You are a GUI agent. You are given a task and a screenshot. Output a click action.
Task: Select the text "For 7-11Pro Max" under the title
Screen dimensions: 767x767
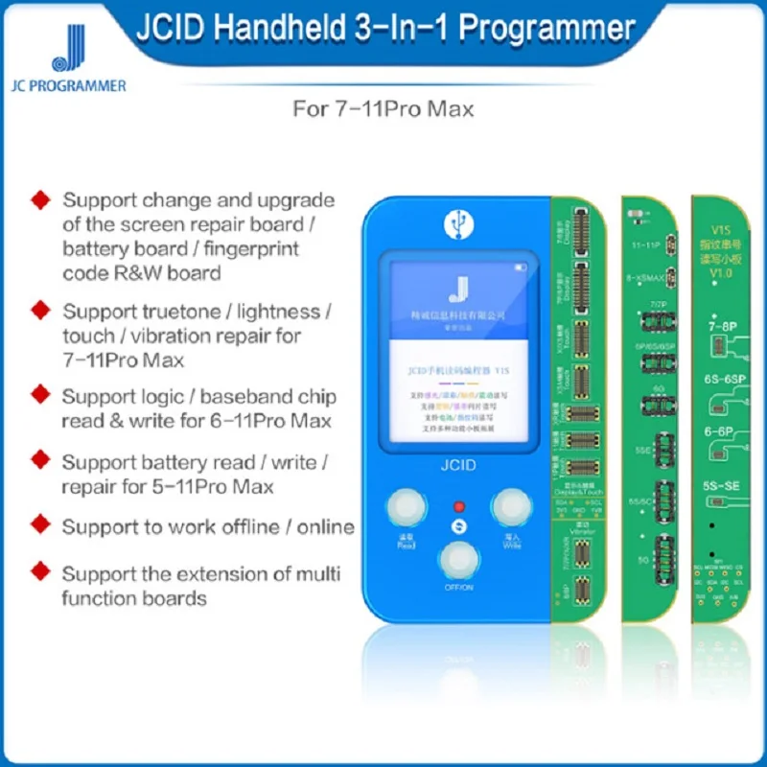pos(383,108)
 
